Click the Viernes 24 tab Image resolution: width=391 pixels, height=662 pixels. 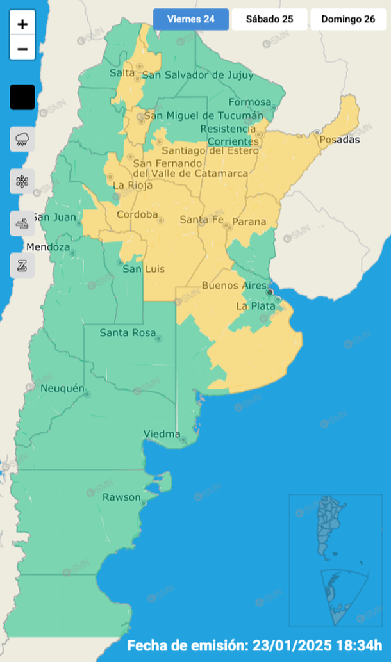[190, 19]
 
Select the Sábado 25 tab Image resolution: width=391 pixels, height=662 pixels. [269, 19]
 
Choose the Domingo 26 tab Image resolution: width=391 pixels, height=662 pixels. [348, 19]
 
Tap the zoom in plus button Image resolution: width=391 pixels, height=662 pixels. [22, 25]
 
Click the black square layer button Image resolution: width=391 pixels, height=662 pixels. [22, 97]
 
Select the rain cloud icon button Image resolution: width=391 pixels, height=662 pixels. [22, 139]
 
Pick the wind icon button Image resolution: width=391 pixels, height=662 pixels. [22, 223]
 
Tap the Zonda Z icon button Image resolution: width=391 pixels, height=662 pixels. [22, 265]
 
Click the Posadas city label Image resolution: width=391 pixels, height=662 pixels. [340, 140]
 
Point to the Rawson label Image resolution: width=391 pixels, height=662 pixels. [121, 497]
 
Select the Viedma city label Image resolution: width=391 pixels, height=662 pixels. [162, 434]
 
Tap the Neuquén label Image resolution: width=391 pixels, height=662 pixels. [62, 389]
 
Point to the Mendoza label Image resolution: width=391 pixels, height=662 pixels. [48, 247]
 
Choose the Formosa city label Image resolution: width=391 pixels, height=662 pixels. [250, 102]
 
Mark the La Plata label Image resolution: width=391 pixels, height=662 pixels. [255, 306]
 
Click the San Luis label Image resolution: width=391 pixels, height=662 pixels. [144, 269]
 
